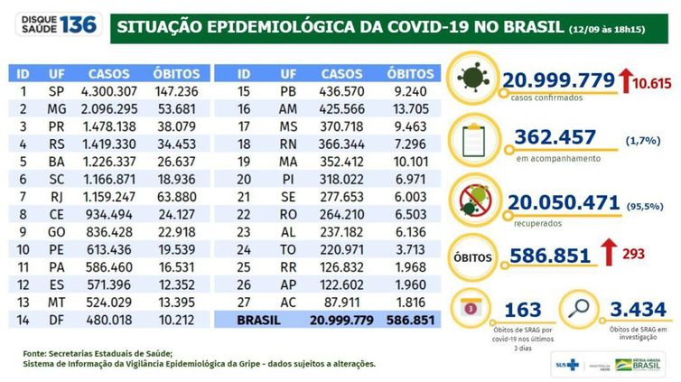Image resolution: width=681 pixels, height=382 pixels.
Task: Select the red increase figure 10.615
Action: pos(655,84)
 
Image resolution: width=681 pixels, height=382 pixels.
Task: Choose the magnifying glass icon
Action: pos(578,309)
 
